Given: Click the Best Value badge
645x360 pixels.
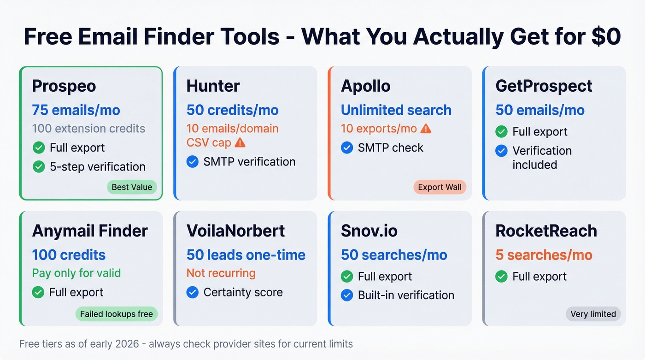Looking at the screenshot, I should [x=132, y=187].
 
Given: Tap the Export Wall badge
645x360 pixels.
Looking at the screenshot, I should [x=440, y=187].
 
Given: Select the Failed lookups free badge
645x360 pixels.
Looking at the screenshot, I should [x=116, y=314].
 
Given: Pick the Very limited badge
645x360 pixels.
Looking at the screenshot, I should [x=593, y=314].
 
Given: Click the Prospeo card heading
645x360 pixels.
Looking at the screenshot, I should [x=64, y=86].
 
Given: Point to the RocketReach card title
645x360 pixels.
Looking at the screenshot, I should [x=546, y=231].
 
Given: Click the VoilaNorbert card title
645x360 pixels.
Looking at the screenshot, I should [x=235, y=231].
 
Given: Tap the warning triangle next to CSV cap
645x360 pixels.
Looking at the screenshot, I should [x=240, y=143].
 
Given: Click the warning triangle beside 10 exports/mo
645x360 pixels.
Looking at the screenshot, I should [x=426, y=129].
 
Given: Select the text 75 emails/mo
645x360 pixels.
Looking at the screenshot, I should [x=76, y=110].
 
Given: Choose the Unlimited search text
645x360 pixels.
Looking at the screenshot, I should [x=396, y=110].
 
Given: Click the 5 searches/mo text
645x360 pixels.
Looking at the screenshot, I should [x=544, y=255].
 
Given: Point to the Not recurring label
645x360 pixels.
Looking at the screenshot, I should [x=221, y=273].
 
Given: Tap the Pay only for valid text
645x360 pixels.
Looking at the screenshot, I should [x=76, y=273].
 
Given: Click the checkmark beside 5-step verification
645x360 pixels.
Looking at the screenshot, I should [x=39, y=166].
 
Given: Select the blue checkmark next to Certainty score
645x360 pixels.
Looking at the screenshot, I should [x=193, y=292].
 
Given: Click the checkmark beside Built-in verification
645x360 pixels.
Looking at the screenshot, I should [x=347, y=295].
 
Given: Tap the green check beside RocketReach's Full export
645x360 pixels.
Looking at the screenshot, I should [x=501, y=277].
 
